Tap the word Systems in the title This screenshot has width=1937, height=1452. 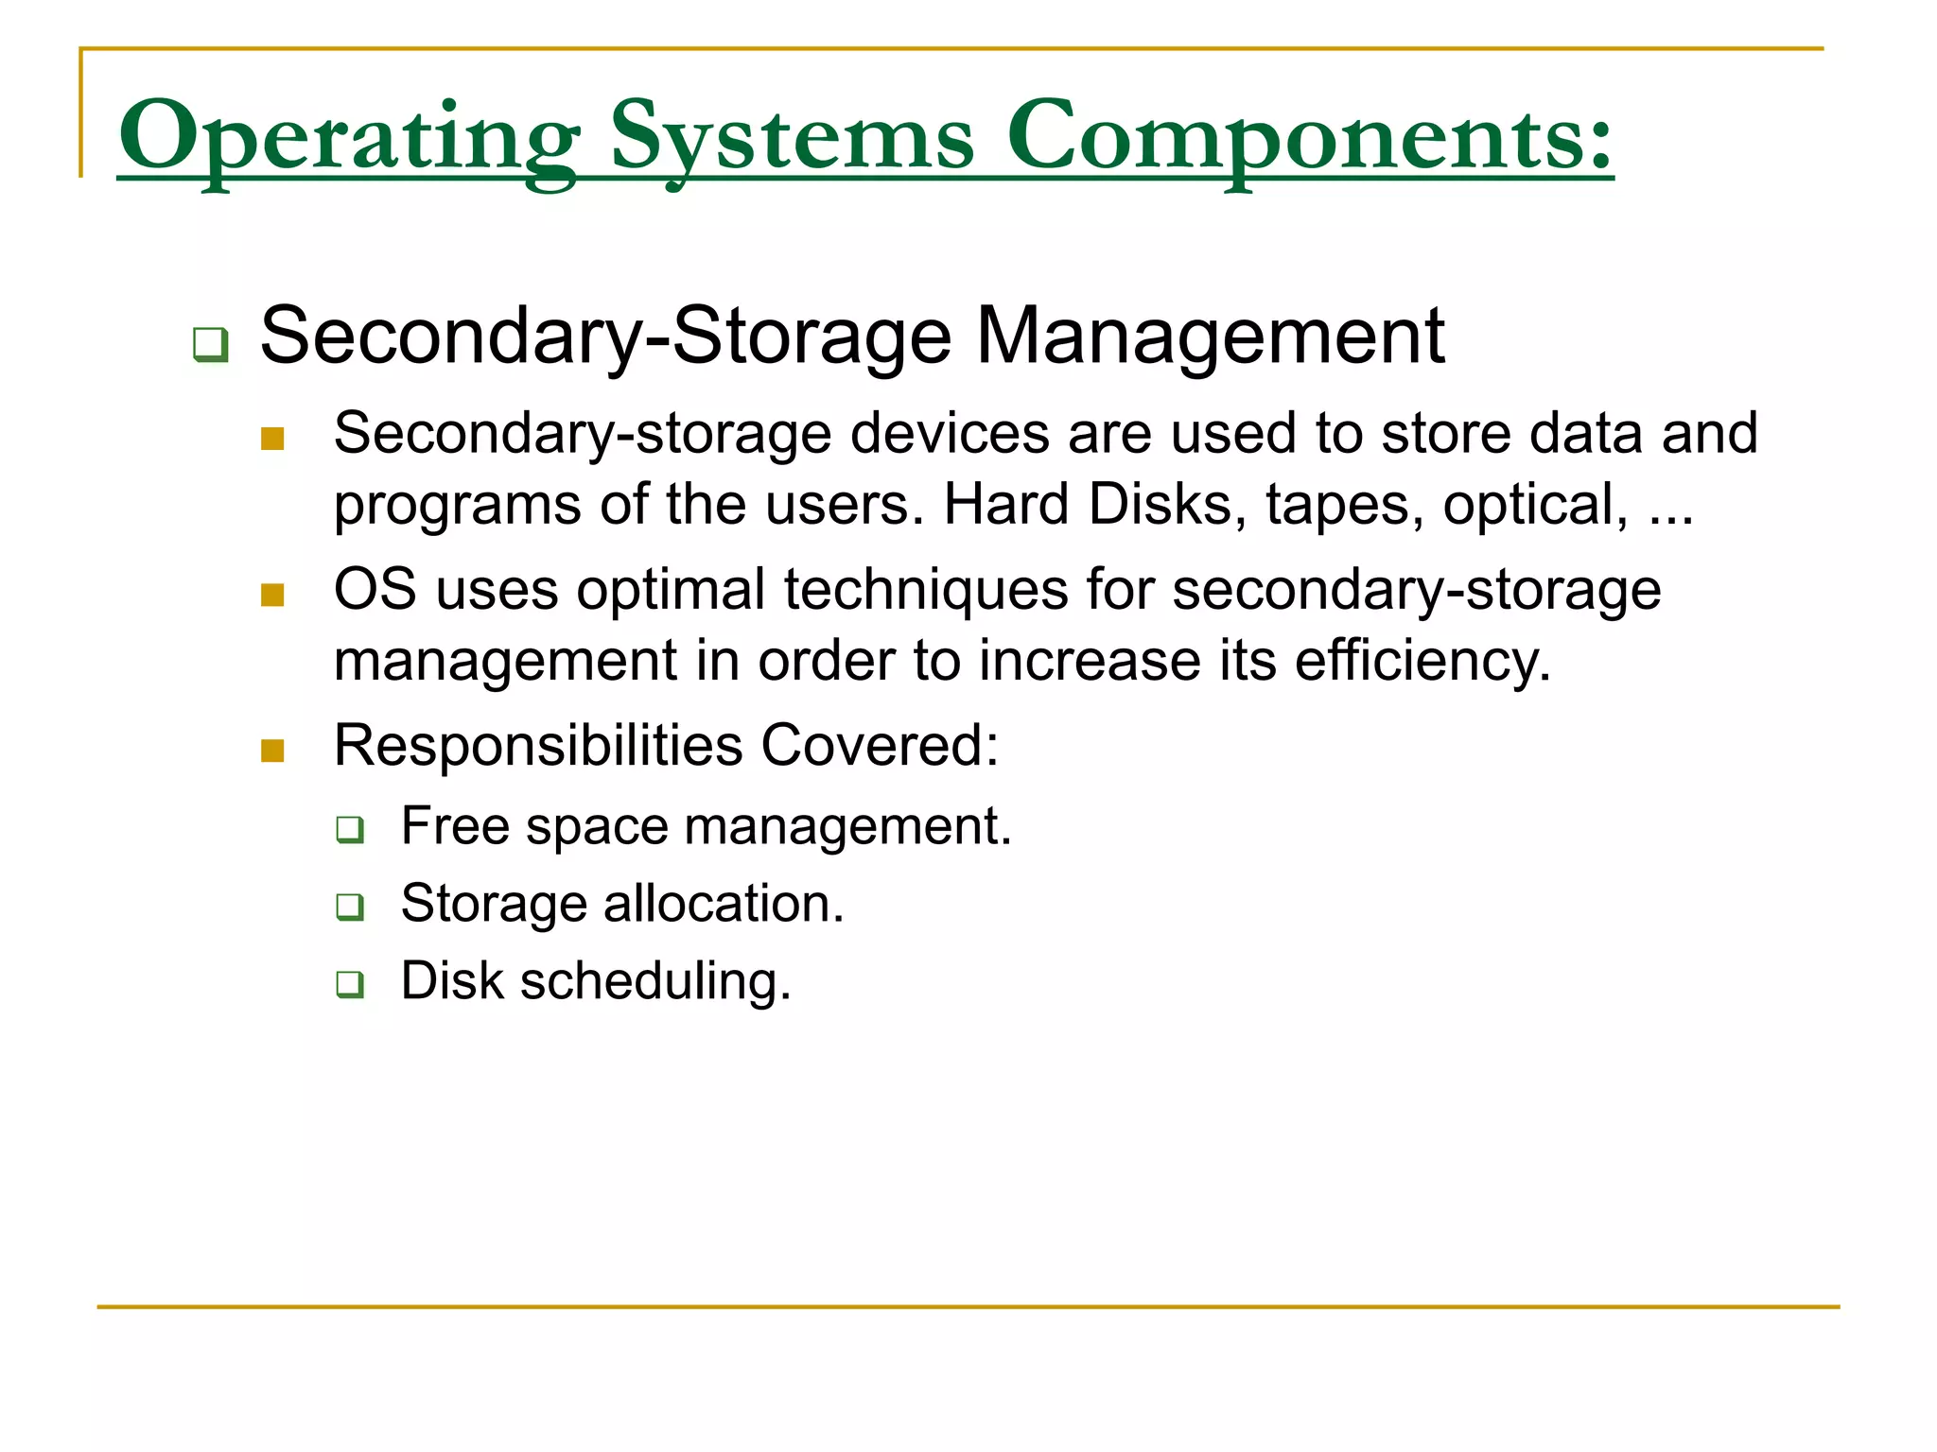(792, 137)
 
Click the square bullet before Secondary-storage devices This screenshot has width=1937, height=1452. (272, 439)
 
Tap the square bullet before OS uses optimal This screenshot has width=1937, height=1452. (272, 595)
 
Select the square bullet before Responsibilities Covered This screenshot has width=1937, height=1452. (272, 751)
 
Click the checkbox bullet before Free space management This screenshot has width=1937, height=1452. (350, 830)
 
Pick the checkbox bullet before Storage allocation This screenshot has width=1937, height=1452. (350, 907)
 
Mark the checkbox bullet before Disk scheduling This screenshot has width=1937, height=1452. (350, 985)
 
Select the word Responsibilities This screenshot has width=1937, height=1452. (538, 746)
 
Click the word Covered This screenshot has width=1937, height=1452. (879, 746)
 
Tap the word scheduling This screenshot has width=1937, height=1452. (654, 981)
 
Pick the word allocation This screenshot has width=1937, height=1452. (723, 904)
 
